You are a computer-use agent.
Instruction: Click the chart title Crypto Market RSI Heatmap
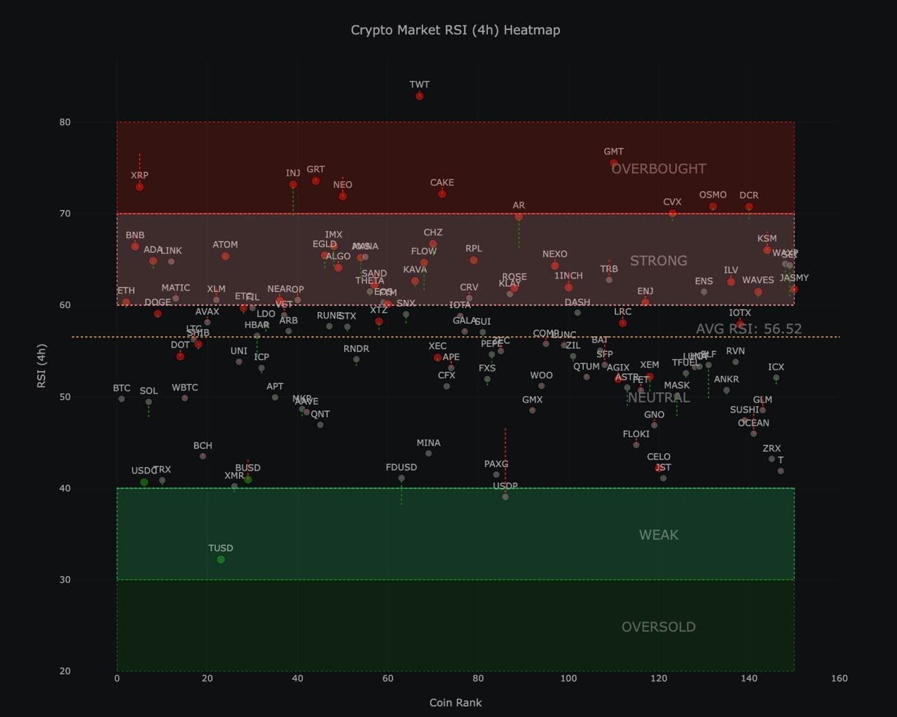click(x=455, y=30)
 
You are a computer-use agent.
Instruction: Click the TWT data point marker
click(x=419, y=96)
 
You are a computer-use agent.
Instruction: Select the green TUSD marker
click(x=221, y=559)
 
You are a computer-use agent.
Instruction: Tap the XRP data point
click(x=139, y=187)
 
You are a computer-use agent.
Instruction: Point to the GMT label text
click(x=613, y=151)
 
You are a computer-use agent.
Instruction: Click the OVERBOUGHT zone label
click(x=658, y=169)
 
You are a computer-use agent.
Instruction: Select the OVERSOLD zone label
click(x=658, y=627)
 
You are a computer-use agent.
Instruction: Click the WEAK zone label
click(x=658, y=535)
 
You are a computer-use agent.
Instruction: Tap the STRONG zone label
click(x=658, y=260)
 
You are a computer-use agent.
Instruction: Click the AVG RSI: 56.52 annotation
click(x=748, y=329)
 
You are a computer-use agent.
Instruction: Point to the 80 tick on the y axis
click(x=65, y=122)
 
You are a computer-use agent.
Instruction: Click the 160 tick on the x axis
click(x=839, y=678)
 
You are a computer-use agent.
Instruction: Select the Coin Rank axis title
click(x=455, y=702)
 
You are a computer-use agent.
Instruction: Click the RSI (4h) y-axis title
click(x=42, y=366)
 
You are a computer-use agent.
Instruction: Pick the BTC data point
click(x=121, y=399)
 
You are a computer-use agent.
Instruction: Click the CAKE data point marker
click(x=442, y=194)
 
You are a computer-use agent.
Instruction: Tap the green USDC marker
click(x=144, y=482)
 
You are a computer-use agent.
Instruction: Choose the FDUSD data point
click(x=402, y=479)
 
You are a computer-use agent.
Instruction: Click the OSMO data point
click(x=713, y=207)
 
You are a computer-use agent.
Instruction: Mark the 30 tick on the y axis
click(x=65, y=580)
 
